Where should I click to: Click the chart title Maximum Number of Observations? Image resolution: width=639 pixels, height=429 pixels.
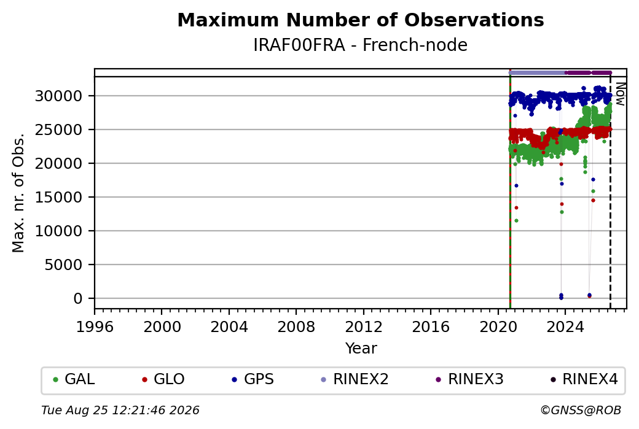[361, 20]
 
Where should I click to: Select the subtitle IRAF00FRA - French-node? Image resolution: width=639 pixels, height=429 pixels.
[360, 45]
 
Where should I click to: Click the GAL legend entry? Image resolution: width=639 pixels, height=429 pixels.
[74, 379]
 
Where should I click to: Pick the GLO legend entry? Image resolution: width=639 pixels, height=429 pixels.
[163, 379]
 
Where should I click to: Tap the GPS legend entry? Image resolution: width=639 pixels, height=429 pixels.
[253, 379]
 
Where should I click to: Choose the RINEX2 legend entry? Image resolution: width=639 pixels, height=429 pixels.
[355, 379]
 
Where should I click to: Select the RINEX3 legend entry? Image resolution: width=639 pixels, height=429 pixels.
[469, 379]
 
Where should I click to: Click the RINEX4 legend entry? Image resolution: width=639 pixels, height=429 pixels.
[584, 379]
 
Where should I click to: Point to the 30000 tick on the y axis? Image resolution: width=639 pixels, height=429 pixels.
[59, 96]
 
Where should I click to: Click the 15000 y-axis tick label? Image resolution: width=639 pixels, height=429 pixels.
[59, 198]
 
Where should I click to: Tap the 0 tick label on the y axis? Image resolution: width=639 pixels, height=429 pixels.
[78, 299]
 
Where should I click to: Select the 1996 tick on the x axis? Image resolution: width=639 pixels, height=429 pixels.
[95, 327]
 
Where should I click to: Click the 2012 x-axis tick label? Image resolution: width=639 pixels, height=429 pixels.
[364, 327]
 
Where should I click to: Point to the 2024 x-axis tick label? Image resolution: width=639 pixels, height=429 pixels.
[565, 327]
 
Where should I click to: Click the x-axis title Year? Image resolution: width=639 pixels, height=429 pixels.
[361, 349]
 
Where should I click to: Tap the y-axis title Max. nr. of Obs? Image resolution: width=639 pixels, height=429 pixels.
[18, 192]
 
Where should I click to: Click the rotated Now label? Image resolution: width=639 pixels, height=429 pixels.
[620, 94]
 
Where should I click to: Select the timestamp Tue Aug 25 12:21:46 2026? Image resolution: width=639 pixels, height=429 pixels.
[120, 410]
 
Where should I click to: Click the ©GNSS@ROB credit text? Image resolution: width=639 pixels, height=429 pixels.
[581, 410]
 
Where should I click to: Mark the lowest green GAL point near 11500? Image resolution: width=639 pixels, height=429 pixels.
[516, 220]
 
